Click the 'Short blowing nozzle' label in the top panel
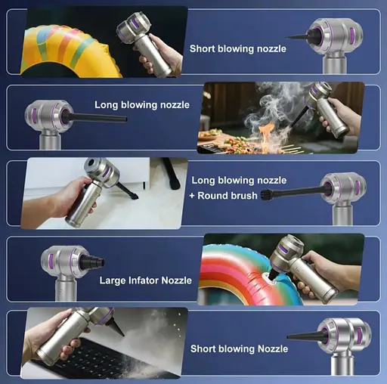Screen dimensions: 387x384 238,48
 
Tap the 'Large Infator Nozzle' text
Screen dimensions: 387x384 145,280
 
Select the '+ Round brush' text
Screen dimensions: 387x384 224,196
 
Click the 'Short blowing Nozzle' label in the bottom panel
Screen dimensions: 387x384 239,349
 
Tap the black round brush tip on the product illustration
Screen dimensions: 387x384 265,195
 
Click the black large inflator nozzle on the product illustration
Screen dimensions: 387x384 92,262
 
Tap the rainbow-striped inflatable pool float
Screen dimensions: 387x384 249,274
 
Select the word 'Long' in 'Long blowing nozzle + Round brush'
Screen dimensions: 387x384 203,181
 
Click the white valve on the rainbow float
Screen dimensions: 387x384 270,280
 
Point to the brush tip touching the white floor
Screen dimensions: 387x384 133,196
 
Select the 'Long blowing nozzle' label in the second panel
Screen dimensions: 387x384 142,105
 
